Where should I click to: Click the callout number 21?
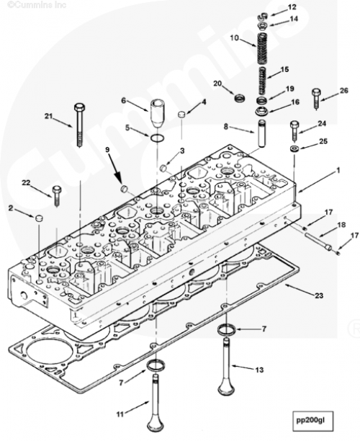tap(49, 115)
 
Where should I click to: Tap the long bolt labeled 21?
tap(80, 125)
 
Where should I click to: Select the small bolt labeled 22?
tap(57, 196)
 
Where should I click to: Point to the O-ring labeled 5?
tap(156, 138)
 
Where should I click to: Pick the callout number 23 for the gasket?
tap(319, 295)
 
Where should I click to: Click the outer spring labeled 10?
tap(262, 48)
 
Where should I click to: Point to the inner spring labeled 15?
tap(262, 81)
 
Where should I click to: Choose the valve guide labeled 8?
tap(262, 133)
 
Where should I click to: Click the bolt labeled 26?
tap(316, 99)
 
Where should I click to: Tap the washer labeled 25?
tap(294, 148)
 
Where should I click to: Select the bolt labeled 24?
tap(294, 131)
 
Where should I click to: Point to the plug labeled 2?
tap(38, 218)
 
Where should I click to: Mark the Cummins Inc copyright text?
tap(37, 5)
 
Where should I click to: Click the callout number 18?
tap(341, 225)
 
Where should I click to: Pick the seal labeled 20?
tap(240, 98)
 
